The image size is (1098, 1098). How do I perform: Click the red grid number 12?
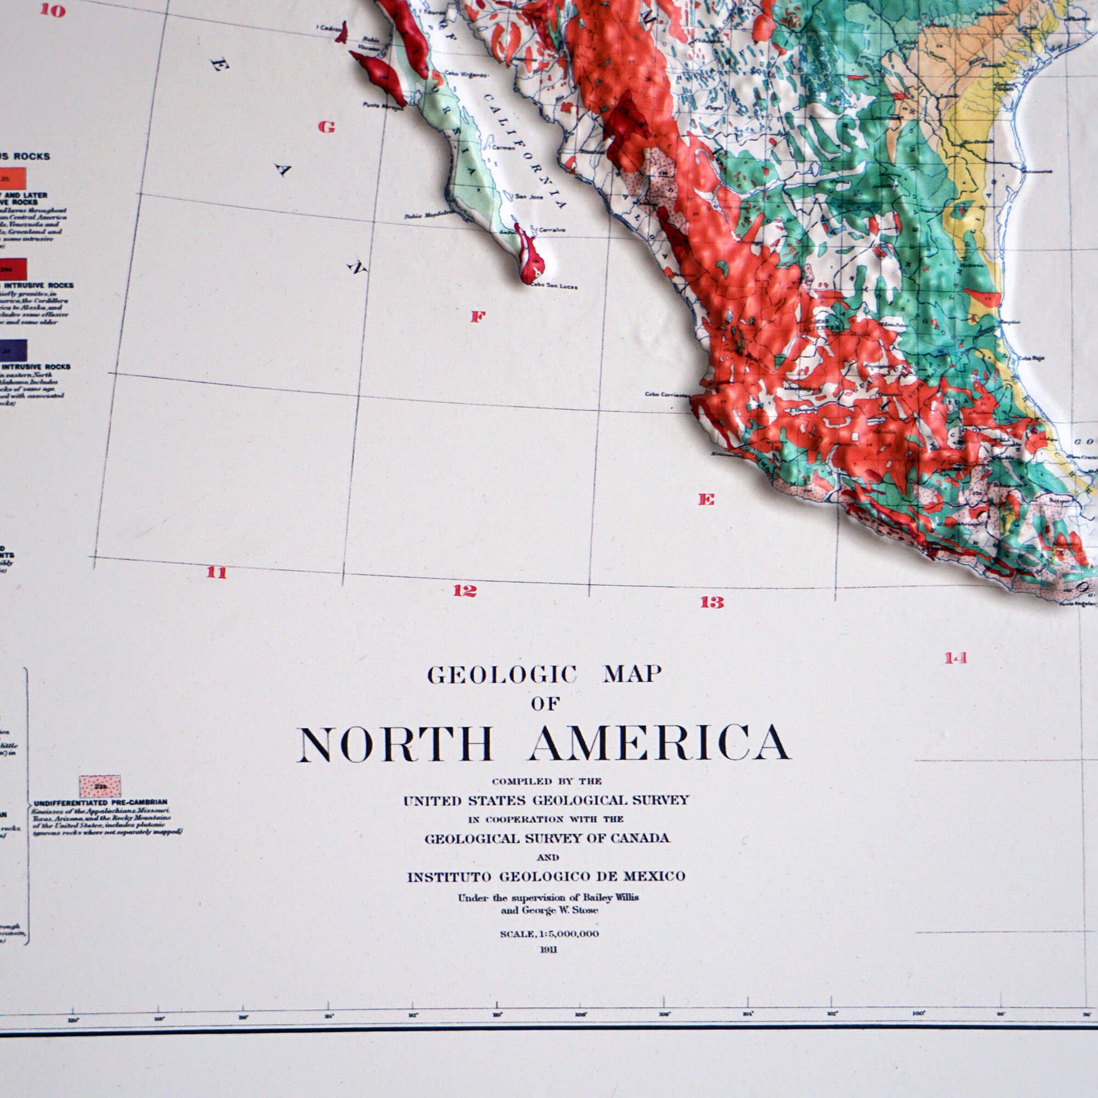[x=464, y=591]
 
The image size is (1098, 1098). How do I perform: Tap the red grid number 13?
[x=712, y=602]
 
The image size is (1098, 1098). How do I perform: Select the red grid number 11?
[x=216, y=572]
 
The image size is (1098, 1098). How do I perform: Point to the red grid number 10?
[x=53, y=10]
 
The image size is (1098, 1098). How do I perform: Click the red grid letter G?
[x=326, y=127]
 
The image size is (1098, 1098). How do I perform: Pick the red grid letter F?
[x=478, y=317]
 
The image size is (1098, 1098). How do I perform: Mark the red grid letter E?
[x=706, y=500]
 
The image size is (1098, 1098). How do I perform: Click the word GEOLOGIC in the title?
[x=502, y=675]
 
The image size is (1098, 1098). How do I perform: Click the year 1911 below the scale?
[x=548, y=950]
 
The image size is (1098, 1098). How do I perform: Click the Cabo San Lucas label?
[x=554, y=286]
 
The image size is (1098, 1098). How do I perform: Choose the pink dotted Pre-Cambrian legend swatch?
[x=100, y=787]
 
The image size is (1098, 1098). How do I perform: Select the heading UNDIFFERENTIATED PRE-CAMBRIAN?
[x=100, y=803]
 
